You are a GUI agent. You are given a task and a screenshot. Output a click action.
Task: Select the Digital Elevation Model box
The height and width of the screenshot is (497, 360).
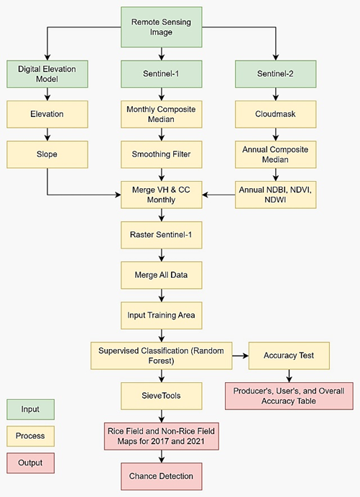(x=47, y=73)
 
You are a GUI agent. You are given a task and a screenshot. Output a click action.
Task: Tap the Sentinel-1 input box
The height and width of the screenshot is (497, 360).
(x=161, y=73)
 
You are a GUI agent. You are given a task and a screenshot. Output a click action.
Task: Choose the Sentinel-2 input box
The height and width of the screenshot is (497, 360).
(x=277, y=73)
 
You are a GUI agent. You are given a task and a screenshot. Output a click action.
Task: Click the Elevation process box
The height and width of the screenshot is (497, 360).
(x=47, y=113)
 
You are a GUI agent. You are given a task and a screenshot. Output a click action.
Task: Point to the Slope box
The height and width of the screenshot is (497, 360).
(x=47, y=154)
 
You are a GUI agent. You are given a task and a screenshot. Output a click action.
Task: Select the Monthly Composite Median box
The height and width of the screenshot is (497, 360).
(x=161, y=113)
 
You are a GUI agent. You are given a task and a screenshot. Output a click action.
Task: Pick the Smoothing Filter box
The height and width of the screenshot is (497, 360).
(x=161, y=154)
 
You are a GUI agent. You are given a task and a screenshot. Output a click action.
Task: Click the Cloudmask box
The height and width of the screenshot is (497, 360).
(x=277, y=113)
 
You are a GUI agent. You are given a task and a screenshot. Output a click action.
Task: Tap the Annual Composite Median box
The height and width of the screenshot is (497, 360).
(x=277, y=154)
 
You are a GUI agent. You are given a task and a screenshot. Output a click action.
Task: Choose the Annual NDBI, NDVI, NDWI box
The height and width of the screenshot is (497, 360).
(x=277, y=194)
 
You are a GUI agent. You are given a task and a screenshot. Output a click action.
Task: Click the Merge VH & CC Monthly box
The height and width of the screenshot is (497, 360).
(x=161, y=194)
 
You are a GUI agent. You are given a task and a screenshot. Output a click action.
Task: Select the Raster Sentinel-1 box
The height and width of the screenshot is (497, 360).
(x=161, y=234)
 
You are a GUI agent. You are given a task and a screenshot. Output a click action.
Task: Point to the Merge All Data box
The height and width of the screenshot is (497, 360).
(x=161, y=274)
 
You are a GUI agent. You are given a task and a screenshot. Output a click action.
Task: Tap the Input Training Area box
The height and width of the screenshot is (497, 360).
(x=161, y=313)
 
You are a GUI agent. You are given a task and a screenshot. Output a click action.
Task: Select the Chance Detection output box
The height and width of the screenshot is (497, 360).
(x=161, y=475)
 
